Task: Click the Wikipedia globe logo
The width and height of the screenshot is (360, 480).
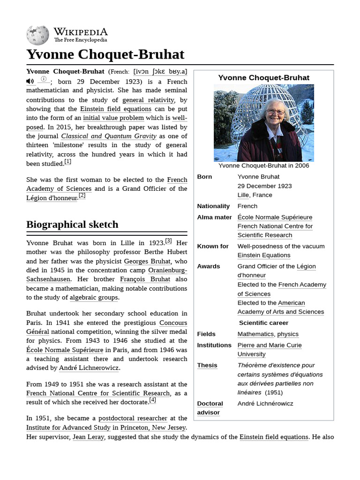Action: click(x=38, y=35)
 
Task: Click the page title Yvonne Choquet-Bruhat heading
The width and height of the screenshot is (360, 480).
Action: click(x=105, y=54)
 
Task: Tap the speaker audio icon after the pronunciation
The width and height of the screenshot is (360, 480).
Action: click(x=30, y=81)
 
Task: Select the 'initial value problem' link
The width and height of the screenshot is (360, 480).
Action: click(x=113, y=118)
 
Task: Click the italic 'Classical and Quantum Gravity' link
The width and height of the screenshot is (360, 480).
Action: click(x=108, y=136)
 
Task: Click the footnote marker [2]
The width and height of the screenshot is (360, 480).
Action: click(x=82, y=195)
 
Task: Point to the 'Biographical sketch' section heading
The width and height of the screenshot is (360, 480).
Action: click(x=72, y=224)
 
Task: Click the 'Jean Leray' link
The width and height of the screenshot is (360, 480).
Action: click(x=88, y=437)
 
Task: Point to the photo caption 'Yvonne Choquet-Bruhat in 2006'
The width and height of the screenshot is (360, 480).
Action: click(x=263, y=165)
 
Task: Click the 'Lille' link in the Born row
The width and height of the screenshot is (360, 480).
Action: click(x=243, y=195)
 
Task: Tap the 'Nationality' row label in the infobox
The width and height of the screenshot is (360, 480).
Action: click(x=213, y=206)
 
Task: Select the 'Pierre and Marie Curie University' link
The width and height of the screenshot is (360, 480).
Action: click(x=269, y=349)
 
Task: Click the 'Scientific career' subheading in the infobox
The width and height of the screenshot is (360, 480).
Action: click(x=263, y=322)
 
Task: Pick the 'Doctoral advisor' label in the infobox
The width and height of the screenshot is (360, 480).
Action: click(x=210, y=408)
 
